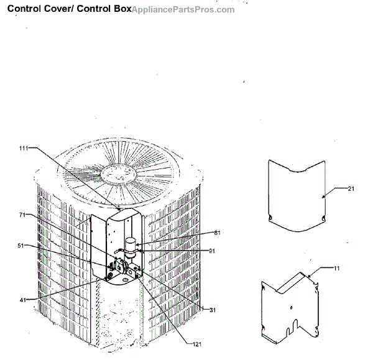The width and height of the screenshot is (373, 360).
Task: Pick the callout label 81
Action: point(217,234)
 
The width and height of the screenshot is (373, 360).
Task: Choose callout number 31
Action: point(213,310)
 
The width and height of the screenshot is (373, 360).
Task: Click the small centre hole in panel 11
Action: point(292,308)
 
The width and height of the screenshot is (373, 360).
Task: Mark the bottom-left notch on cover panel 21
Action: point(270,216)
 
